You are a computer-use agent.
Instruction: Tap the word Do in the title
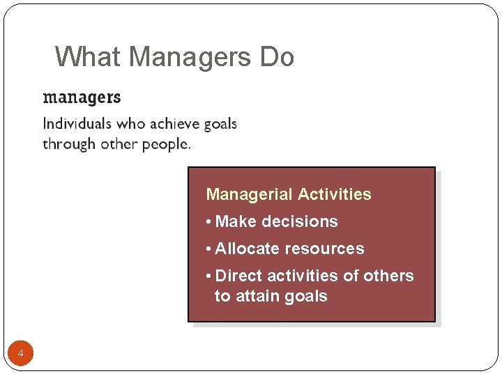point(277,56)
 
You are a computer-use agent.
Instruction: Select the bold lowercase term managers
point(82,97)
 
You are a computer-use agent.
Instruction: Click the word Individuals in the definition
point(77,124)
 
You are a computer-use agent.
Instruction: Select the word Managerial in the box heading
point(250,194)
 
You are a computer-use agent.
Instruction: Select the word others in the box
point(390,276)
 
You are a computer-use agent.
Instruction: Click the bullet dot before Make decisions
point(209,222)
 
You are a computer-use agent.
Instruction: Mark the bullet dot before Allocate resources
point(209,249)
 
